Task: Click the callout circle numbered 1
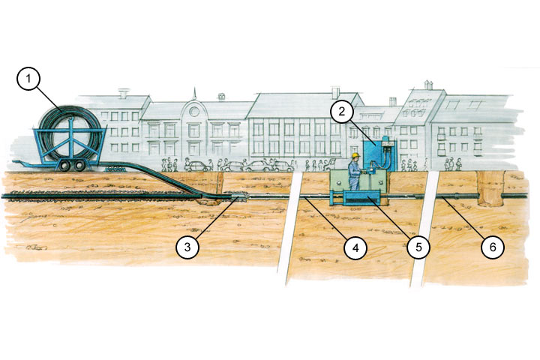pyautogui.click(x=28, y=79)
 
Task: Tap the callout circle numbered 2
pyautogui.click(x=342, y=111)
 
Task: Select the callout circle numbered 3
pyautogui.click(x=187, y=247)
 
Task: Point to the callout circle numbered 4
pyautogui.click(x=355, y=247)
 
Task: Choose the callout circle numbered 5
pyautogui.click(x=418, y=247)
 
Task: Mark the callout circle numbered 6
pyautogui.click(x=493, y=247)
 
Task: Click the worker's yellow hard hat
pyautogui.click(x=355, y=155)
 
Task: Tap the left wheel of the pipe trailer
pyautogui.click(x=64, y=166)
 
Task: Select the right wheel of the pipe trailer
pyautogui.click(x=79, y=166)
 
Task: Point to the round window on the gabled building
pyautogui.click(x=194, y=111)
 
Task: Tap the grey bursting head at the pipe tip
pyautogui.click(x=240, y=197)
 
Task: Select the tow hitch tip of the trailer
pyautogui.click(x=13, y=161)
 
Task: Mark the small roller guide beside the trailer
pyautogui.click(x=115, y=169)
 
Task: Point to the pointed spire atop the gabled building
pyautogui.click(x=194, y=94)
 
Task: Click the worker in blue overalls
pyautogui.click(x=354, y=172)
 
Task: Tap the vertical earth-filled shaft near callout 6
pyautogui.click(x=490, y=188)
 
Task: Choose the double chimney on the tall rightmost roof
pyautogui.click(x=427, y=85)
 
